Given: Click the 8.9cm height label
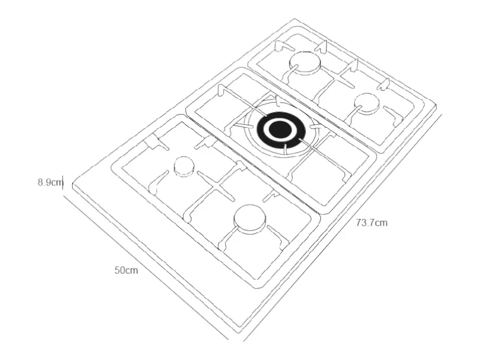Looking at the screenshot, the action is (x=50, y=182).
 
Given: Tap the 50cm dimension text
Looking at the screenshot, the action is (x=126, y=271).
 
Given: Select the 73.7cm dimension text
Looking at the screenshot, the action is (x=371, y=223).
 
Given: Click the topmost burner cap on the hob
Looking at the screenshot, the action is (x=305, y=62).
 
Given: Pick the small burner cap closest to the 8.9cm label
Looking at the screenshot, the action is (x=184, y=167).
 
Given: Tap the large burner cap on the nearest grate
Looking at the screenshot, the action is (x=250, y=219).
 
